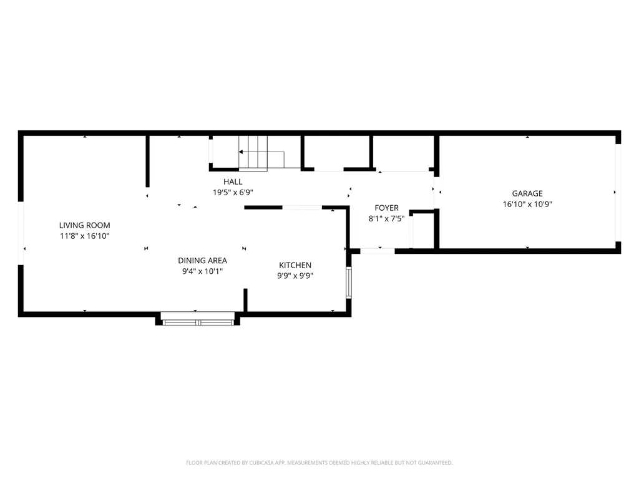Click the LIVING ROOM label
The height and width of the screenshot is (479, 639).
tap(84, 225)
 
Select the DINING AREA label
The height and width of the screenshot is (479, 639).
tap(202, 261)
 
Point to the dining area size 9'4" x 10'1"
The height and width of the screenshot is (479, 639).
tap(202, 271)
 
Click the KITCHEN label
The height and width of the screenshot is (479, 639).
tap(295, 265)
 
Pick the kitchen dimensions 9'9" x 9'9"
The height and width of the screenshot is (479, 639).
tap(295, 276)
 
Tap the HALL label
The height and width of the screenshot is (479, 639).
tap(233, 181)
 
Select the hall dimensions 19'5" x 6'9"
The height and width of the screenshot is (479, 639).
tap(233, 193)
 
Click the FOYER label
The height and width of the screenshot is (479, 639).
tap(386, 208)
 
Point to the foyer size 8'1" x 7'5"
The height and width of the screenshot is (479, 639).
tap(386, 219)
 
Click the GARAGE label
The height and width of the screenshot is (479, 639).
tap(527, 193)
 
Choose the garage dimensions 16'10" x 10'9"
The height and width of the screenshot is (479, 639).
tap(527, 204)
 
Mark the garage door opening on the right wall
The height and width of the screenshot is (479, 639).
tap(618, 192)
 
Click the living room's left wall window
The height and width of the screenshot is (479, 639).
tap(21, 234)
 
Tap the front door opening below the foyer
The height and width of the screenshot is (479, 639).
tap(378, 251)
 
